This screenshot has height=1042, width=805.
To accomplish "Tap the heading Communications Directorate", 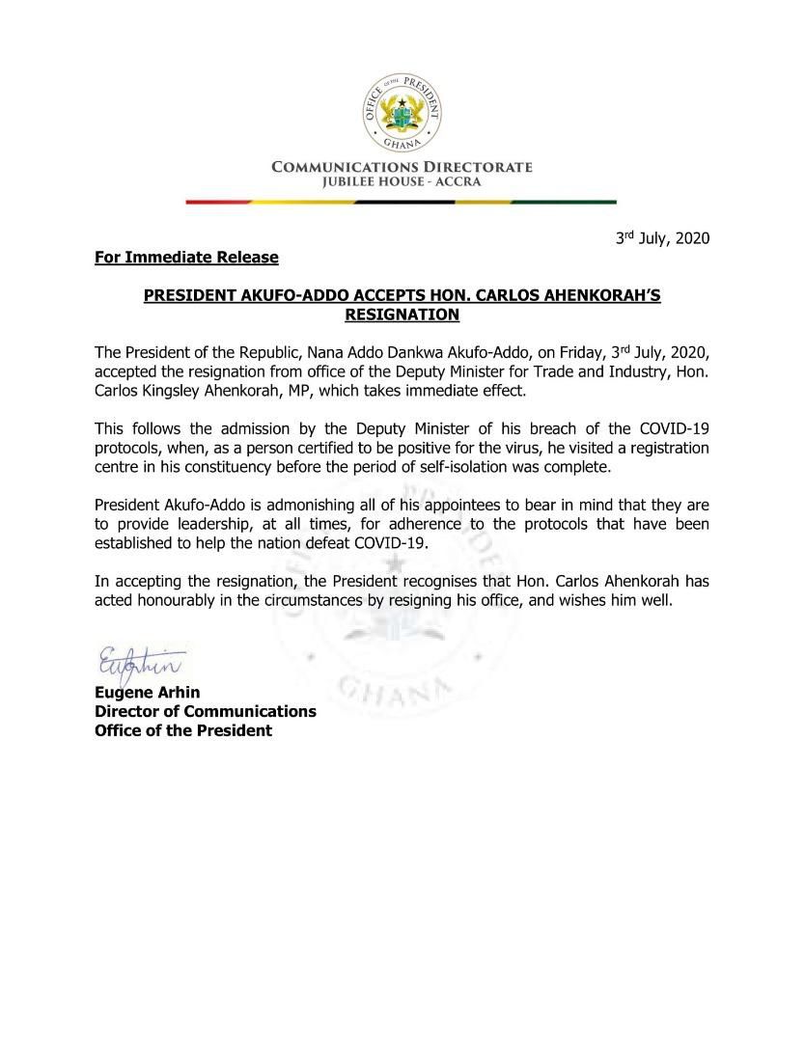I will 402,167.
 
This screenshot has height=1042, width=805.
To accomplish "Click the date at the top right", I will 663,238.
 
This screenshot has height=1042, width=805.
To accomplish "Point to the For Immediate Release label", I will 186,258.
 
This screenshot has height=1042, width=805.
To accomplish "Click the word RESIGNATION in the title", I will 402,314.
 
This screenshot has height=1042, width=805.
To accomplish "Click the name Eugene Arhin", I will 140,692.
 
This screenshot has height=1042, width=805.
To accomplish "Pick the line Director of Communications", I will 205,711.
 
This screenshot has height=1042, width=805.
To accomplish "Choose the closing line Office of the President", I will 182,730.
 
